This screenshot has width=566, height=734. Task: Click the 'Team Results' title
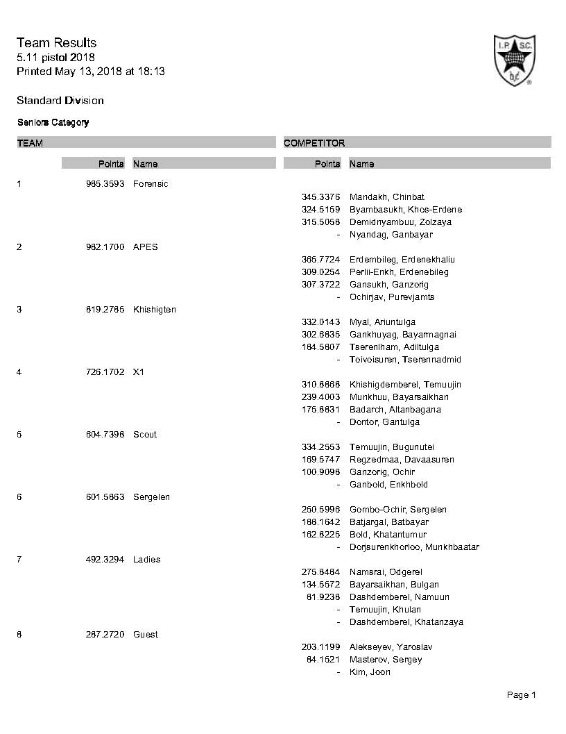[56, 43]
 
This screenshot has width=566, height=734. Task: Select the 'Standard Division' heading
[60, 101]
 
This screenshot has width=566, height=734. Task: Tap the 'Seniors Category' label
[53, 123]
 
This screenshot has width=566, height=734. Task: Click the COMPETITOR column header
[314, 143]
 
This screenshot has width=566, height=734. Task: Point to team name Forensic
[151, 184]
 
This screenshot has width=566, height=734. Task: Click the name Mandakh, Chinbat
[387, 197]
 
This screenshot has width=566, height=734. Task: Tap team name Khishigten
[155, 310]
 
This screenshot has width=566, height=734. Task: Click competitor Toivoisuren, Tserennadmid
[405, 360]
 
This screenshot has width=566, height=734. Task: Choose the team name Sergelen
[152, 497]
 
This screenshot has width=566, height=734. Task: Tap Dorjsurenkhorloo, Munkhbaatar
[414, 547]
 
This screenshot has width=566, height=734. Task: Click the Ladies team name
[146, 560]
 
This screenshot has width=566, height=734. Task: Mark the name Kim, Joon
[370, 672]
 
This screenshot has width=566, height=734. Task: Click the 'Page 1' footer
[522, 695]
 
